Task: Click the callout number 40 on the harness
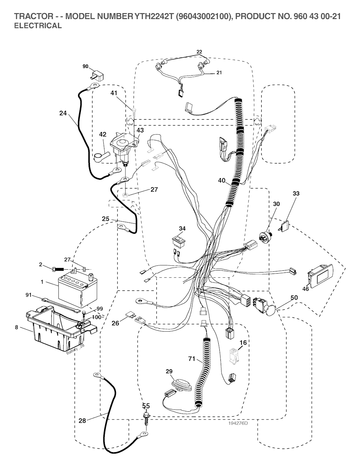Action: pyautogui.click(x=221, y=181)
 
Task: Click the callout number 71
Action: pyautogui.click(x=191, y=359)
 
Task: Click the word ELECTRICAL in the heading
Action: pyautogui.click(x=38, y=26)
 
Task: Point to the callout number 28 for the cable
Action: pyautogui.click(x=82, y=421)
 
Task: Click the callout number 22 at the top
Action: pyautogui.click(x=199, y=52)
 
